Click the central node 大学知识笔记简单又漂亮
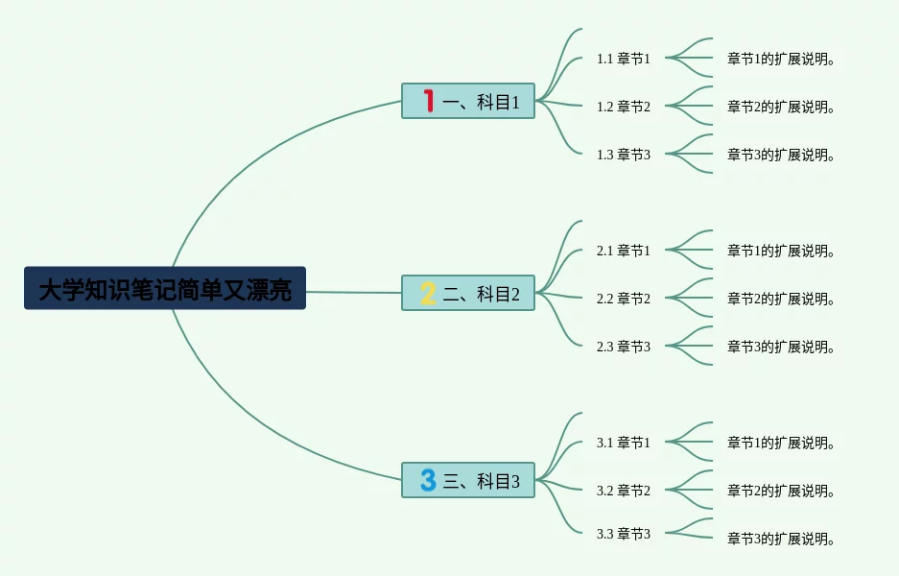(x=165, y=289)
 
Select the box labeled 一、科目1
(x=468, y=101)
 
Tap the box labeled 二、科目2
(x=468, y=293)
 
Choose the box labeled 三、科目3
(x=468, y=480)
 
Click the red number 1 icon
(x=428, y=101)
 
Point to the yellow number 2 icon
(x=428, y=293)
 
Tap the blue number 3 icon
(x=428, y=479)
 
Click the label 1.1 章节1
(x=624, y=59)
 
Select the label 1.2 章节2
(x=624, y=107)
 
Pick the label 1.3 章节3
(x=624, y=155)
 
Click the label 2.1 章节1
(x=624, y=251)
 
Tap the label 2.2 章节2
(x=624, y=299)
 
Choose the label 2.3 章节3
(x=624, y=347)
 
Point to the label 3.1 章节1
(x=624, y=443)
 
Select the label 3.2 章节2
(x=624, y=491)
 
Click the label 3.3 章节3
(x=624, y=534)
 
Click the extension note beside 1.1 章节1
(x=781, y=59)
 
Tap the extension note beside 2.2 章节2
(x=781, y=299)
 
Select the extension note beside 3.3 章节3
(x=781, y=539)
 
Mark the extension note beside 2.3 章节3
(x=781, y=347)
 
